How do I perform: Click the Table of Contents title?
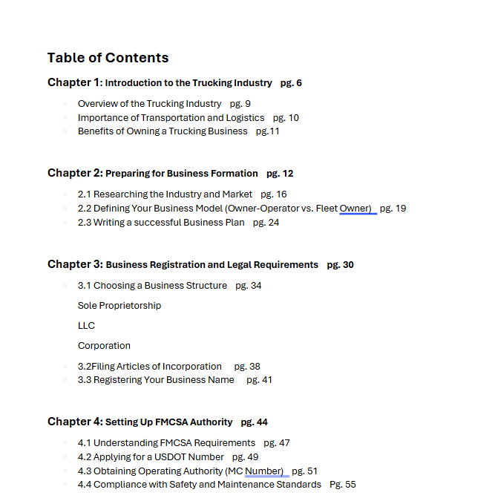pyautogui.click(x=108, y=58)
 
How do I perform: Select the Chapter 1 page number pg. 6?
pyautogui.click(x=291, y=83)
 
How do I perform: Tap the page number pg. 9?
pyautogui.click(x=240, y=104)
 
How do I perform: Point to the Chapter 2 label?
pyautogui.click(x=75, y=173)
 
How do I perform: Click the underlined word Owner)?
pyautogui.click(x=355, y=209)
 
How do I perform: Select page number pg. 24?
pyautogui.click(x=266, y=223)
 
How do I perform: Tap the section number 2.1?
pyautogui.click(x=85, y=194)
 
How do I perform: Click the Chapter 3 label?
pyautogui.click(x=75, y=264)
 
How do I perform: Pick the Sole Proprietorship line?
pyautogui.click(x=119, y=306)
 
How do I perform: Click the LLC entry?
pyautogui.click(x=86, y=326)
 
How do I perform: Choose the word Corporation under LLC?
pyautogui.click(x=104, y=346)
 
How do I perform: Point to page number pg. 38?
pyautogui.click(x=247, y=367)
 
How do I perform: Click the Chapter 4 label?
pyautogui.click(x=75, y=422)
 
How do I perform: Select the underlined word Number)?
pyautogui.click(x=264, y=471)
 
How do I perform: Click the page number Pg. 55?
pyautogui.click(x=343, y=485)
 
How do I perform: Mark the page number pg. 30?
pyautogui.click(x=340, y=265)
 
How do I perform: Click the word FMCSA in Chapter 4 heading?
pyautogui.click(x=171, y=422)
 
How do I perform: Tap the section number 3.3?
pyautogui.click(x=85, y=380)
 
